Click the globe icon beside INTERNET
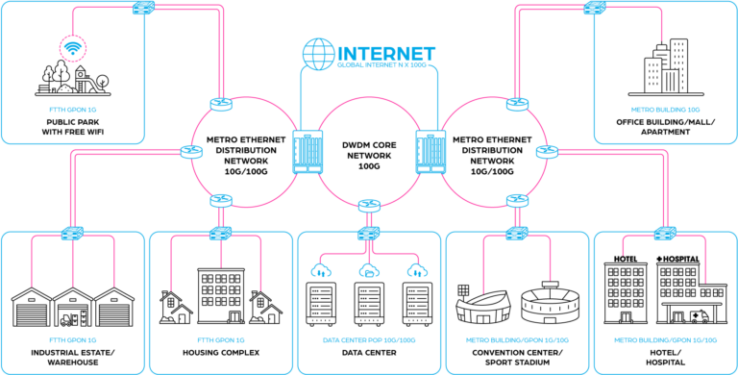pos(318,54)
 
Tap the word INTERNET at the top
pos(386,54)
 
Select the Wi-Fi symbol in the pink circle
pos(72,47)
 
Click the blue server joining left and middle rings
pos(307,152)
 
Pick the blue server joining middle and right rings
pos(430,152)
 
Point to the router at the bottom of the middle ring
pos(369,205)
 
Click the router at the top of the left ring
pos(222,103)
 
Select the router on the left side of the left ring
pos(191,152)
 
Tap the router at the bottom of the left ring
pos(222,201)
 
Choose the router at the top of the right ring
pos(517,103)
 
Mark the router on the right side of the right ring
pos(548,152)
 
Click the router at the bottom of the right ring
pos(517,201)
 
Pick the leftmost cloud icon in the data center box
pos(321,270)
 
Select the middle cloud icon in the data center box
pos(368,270)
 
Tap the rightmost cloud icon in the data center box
pos(415,270)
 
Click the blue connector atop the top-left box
pos(142,8)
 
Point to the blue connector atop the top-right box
pos(595,8)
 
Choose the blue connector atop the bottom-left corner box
pos(72,233)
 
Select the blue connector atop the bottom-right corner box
pos(665,233)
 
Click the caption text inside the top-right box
pos(665,110)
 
